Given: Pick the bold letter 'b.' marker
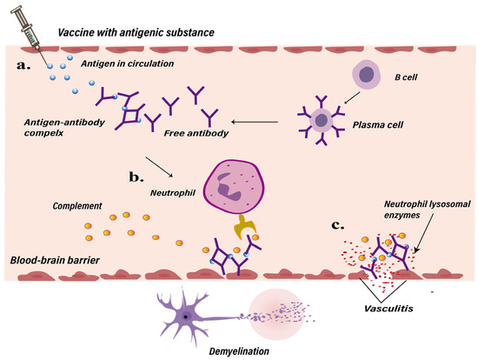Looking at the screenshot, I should coord(139,177).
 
